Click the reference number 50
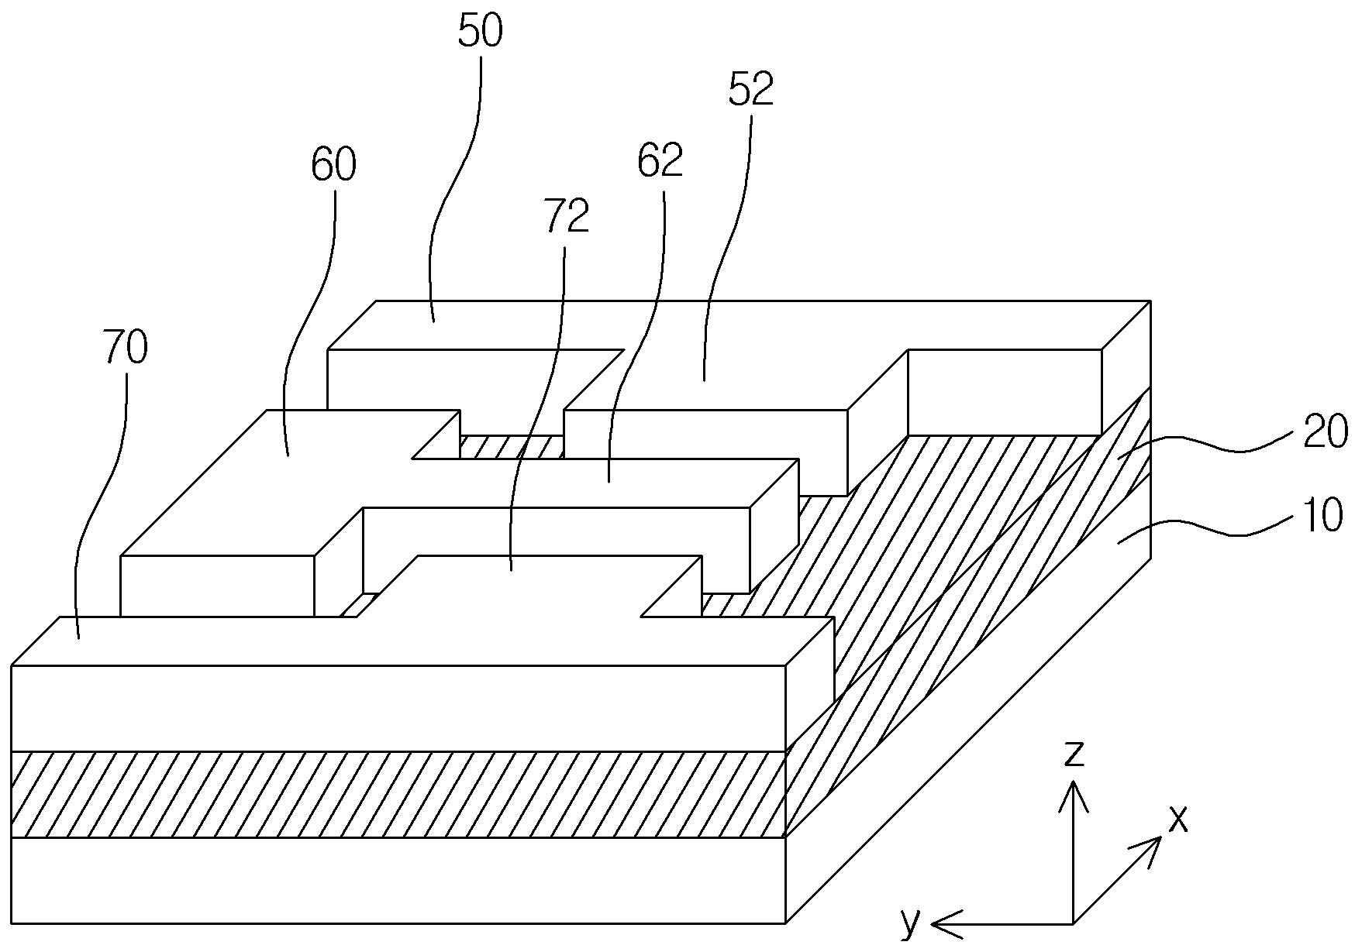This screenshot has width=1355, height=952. [x=481, y=32]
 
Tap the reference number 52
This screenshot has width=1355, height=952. [x=751, y=90]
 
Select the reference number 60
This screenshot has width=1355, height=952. [x=334, y=165]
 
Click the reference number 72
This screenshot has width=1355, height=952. [x=567, y=216]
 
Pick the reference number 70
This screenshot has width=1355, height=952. [x=124, y=349]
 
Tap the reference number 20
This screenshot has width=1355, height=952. [x=1325, y=432]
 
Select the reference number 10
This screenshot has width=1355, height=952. [x=1322, y=516]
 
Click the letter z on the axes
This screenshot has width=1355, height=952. [x=1073, y=753]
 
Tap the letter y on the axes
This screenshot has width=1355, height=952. [x=912, y=922]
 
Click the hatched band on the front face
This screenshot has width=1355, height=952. [x=399, y=794]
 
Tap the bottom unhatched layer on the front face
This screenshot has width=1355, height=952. [x=399, y=880]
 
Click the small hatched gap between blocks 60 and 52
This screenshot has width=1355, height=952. [x=512, y=446]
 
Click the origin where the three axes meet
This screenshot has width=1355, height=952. [x=1073, y=923]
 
